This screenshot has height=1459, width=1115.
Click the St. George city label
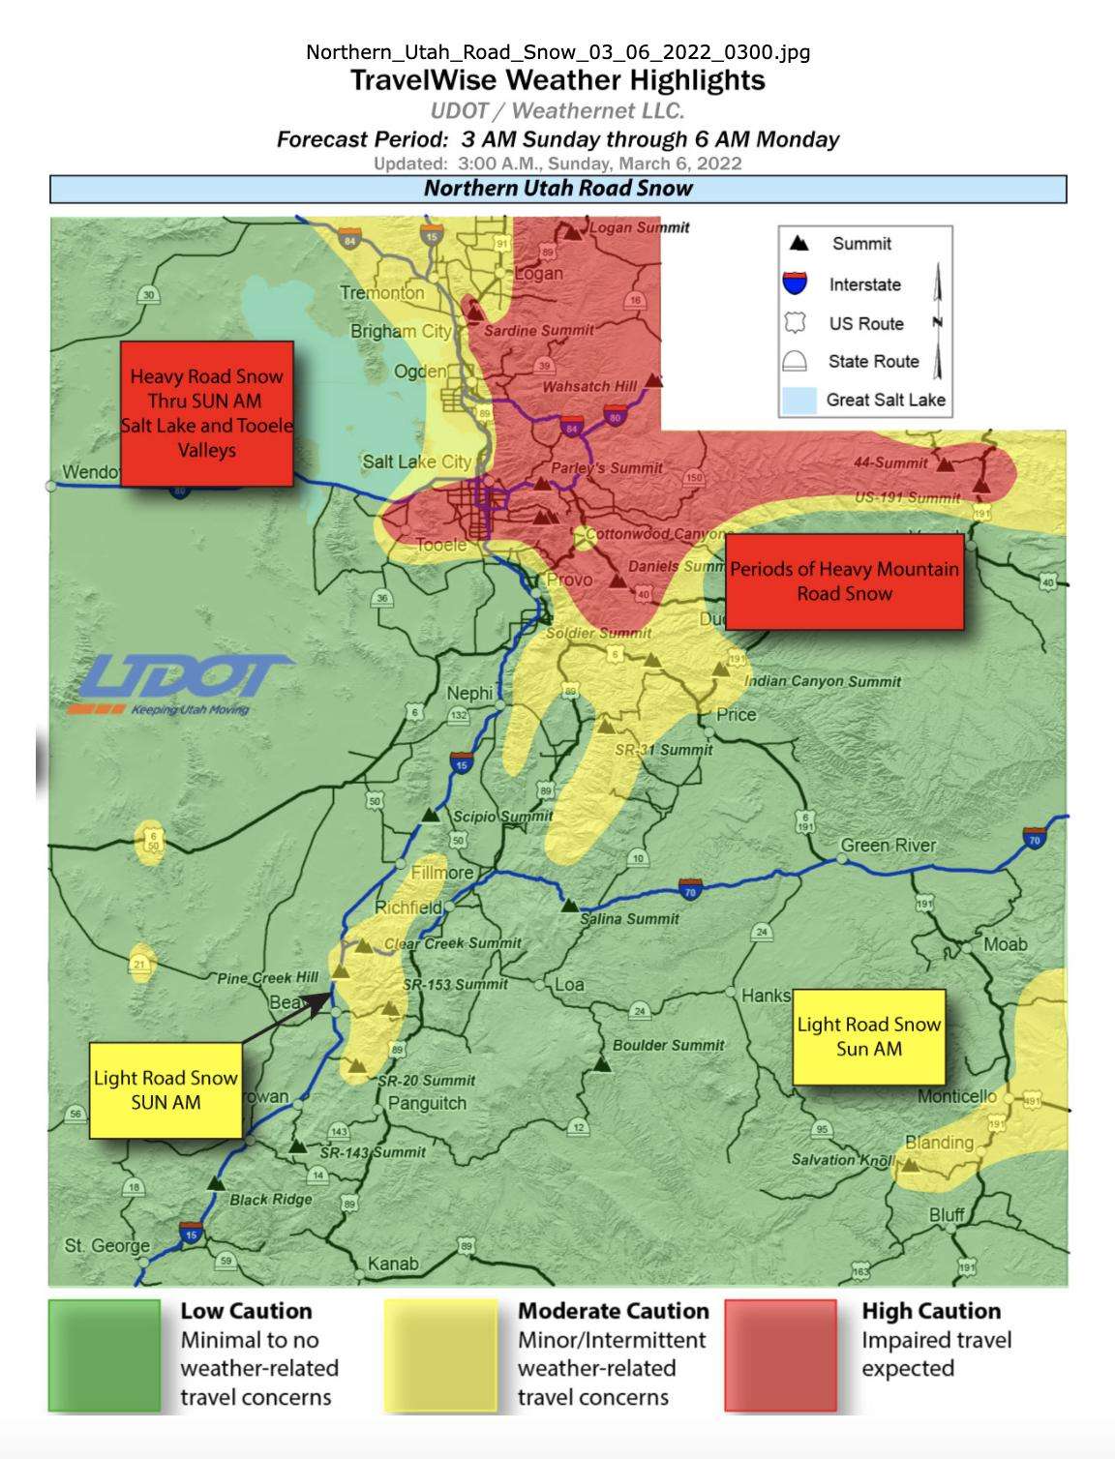tap(106, 1245)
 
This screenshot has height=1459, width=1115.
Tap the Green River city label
tap(888, 846)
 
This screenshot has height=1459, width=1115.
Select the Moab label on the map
tap(1005, 943)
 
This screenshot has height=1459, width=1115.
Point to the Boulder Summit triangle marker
tap(603, 1064)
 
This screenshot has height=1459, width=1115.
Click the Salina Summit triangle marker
tap(570, 906)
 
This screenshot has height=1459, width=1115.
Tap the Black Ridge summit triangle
tap(217, 1182)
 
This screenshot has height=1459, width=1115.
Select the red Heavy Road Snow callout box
tap(206, 413)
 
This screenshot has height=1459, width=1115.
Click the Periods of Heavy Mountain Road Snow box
tap(844, 581)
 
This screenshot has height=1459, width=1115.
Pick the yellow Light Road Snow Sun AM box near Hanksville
tap(868, 1036)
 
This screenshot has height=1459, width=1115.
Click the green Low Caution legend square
tap(105, 1355)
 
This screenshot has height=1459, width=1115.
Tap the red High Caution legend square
tap(780, 1355)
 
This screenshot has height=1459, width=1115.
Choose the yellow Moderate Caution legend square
tap(440, 1355)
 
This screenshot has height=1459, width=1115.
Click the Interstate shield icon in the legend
tap(795, 283)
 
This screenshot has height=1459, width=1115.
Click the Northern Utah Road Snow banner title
tap(557, 189)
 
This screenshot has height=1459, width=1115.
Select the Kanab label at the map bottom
tap(393, 1264)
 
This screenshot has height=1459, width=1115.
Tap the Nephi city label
tap(469, 693)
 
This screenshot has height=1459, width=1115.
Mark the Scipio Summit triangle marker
tap(432, 816)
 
